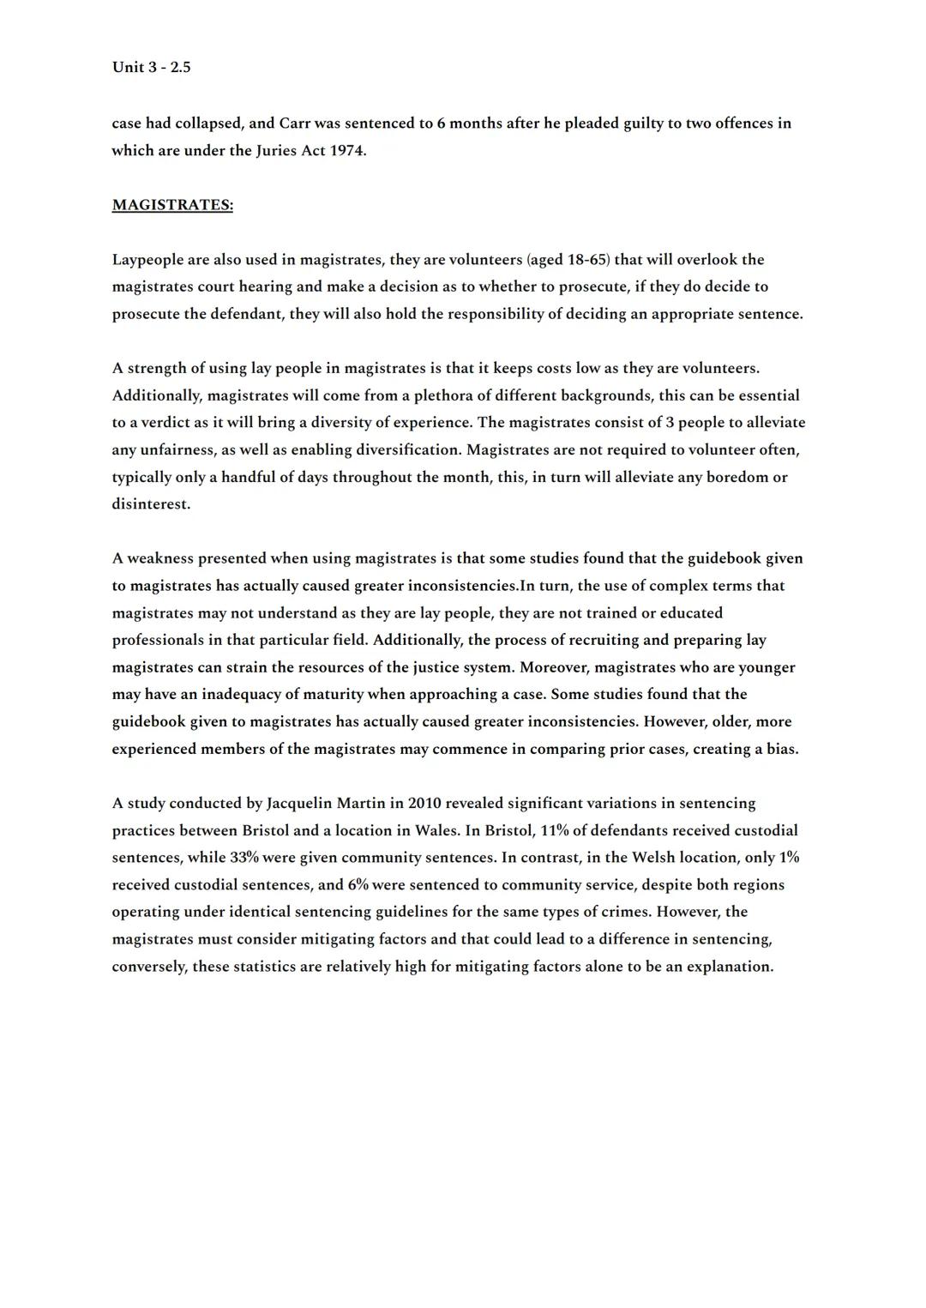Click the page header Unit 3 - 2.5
(151, 67)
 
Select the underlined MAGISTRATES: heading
(172, 205)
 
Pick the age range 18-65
(586, 260)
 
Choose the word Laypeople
(147, 260)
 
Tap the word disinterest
(150, 504)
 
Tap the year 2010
(424, 804)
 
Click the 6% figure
(358, 885)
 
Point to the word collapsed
(207, 124)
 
